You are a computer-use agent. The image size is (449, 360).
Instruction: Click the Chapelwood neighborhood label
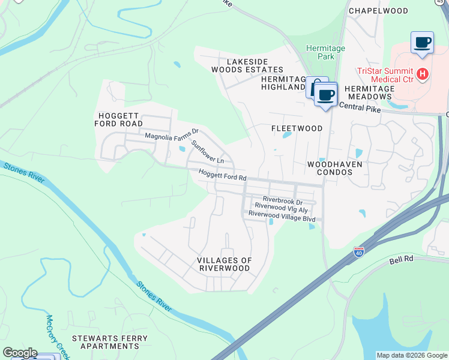coord(378,11)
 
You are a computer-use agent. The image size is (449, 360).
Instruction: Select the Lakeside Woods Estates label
coord(247,65)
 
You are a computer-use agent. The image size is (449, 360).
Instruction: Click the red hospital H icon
coord(423,74)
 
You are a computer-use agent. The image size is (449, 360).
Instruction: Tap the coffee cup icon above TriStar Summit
coord(422,43)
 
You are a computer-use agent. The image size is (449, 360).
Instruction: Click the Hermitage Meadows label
coord(370,92)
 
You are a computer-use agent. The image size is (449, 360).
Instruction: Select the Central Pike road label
coord(361,106)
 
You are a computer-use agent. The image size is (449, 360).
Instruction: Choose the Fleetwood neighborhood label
coord(297,128)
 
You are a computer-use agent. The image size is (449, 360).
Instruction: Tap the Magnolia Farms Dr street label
coord(172,136)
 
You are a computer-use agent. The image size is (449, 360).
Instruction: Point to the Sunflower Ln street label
coord(208,152)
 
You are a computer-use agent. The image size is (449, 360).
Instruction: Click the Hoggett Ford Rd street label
coord(223,177)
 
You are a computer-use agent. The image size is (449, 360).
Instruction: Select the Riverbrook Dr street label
coord(282,202)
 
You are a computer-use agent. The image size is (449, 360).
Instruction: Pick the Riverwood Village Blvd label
coord(282,219)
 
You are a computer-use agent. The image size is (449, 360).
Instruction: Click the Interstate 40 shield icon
coord(359,253)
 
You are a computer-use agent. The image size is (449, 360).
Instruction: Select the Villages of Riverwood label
coord(224,264)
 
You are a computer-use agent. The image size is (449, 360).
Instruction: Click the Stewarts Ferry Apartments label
coord(109,342)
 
